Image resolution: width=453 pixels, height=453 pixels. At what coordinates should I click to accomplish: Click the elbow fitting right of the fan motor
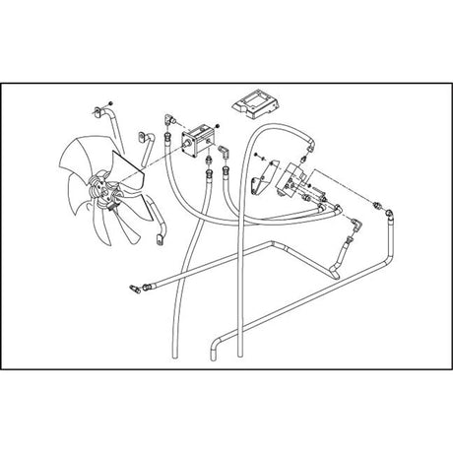tap(224, 153)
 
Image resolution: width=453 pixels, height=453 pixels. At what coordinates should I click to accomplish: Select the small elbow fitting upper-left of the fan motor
tap(168, 117)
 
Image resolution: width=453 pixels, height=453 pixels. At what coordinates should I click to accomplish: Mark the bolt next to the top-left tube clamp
tap(114, 102)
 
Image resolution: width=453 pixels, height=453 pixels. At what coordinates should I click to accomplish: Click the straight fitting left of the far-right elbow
tap(377, 206)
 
